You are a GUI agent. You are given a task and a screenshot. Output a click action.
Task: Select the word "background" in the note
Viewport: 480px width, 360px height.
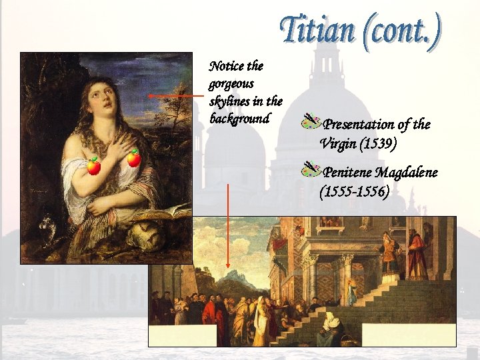tap(239, 119)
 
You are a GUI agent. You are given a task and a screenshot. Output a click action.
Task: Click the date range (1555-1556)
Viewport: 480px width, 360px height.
tap(355, 192)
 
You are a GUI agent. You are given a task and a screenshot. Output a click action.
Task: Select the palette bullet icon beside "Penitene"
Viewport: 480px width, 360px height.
tap(311, 169)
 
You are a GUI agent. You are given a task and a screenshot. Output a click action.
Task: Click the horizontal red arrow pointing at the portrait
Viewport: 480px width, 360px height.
tap(175, 96)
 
